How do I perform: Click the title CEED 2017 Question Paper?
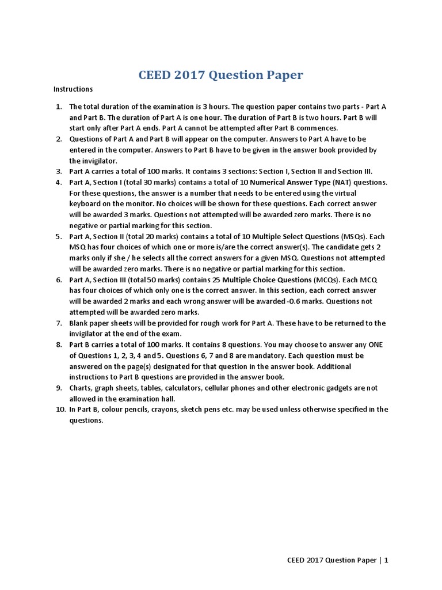pyautogui.click(x=221, y=75)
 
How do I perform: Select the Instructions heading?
pyautogui.click(x=73, y=89)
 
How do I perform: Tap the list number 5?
pyautogui.click(x=59, y=236)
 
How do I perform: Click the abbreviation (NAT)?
pyautogui.click(x=343, y=182)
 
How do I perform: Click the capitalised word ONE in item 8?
pyautogui.click(x=377, y=345)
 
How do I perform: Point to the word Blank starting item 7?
pyautogui.click(x=79, y=323)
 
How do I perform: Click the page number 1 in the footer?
pyautogui.click(x=387, y=559)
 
